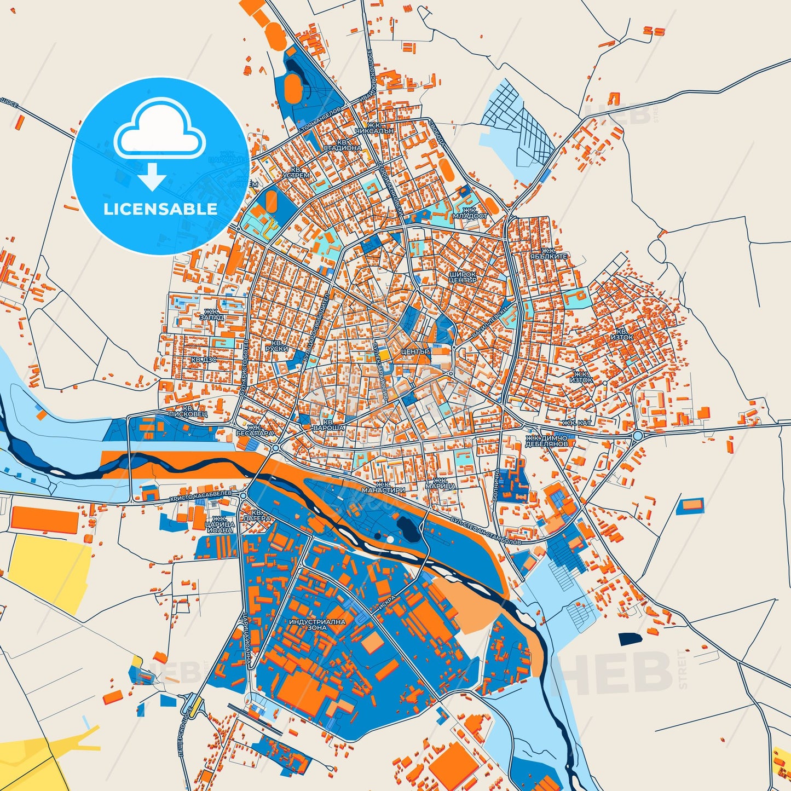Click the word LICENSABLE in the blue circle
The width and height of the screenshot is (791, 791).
click(160, 209)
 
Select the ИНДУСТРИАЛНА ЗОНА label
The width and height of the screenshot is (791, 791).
click(317, 625)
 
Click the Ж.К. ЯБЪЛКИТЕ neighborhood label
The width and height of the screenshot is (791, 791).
click(549, 253)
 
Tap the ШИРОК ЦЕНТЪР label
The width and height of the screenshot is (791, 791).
click(463, 276)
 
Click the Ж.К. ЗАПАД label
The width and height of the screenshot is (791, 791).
click(212, 315)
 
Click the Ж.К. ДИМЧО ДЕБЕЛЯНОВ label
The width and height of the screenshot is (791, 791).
click(546, 441)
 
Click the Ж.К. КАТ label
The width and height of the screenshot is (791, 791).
click(577, 423)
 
